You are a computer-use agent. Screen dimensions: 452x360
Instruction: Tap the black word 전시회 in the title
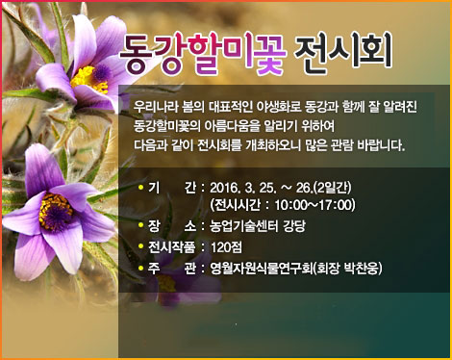(343, 51)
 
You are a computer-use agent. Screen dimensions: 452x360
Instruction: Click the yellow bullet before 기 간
(140, 187)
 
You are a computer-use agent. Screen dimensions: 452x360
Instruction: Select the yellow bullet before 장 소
(140, 225)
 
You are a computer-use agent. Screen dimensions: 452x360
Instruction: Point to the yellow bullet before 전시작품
(140, 246)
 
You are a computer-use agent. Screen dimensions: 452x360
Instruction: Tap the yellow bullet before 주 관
(140, 268)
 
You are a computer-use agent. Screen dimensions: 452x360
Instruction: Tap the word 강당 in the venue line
(294, 226)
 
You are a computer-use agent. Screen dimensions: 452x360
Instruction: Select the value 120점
(226, 247)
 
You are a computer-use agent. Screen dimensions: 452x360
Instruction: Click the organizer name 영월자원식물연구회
(261, 269)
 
